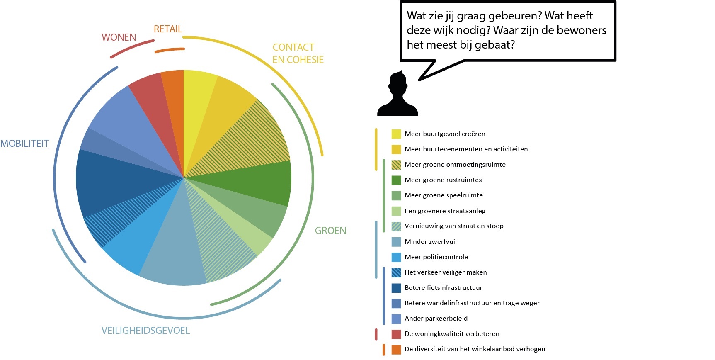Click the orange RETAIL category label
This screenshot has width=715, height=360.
[x=168, y=29]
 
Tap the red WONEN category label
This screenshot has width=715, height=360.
[x=119, y=37]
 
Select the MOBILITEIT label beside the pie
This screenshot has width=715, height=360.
[x=24, y=144]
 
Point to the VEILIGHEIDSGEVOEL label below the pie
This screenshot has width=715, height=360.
[x=145, y=331]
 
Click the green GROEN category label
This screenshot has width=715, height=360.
[x=330, y=231]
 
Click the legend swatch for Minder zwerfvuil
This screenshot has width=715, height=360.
[x=396, y=242]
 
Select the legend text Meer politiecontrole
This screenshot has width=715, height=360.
[x=436, y=257]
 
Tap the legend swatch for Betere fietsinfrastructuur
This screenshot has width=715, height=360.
[x=396, y=288]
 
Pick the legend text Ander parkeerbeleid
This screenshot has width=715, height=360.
[x=436, y=319]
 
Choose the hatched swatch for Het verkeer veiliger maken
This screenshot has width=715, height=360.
[x=396, y=272]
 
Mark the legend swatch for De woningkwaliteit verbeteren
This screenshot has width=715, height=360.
[x=396, y=334]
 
